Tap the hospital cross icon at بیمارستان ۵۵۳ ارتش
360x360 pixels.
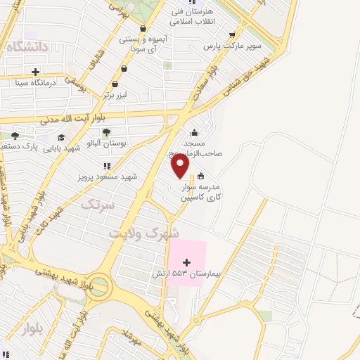(x=186, y=262)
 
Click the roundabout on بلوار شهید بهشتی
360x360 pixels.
(x=99, y=286)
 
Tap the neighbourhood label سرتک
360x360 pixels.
(x=98, y=205)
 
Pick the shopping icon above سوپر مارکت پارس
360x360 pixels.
(x=232, y=34)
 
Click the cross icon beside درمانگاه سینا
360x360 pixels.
(x=35, y=71)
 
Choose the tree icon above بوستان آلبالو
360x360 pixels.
(x=106, y=132)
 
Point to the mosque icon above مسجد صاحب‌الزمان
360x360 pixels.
(x=194, y=133)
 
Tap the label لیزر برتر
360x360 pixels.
(x=118, y=94)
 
